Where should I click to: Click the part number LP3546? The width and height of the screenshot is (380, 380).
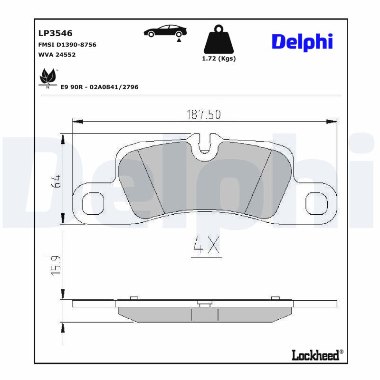click(x=55, y=33)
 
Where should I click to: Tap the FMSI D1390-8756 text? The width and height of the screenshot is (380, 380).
click(x=67, y=45)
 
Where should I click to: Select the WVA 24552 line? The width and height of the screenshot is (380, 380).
click(x=57, y=55)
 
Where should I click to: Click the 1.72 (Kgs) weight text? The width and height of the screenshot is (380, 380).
click(x=219, y=59)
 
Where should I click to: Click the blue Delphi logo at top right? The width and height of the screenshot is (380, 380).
click(x=302, y=42)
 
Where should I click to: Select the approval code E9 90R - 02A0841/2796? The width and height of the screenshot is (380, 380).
click(x=99, y=87)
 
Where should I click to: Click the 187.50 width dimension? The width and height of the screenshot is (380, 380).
click(x=203, y=114)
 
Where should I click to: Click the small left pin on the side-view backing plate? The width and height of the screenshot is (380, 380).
click(x=134, y=298)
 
